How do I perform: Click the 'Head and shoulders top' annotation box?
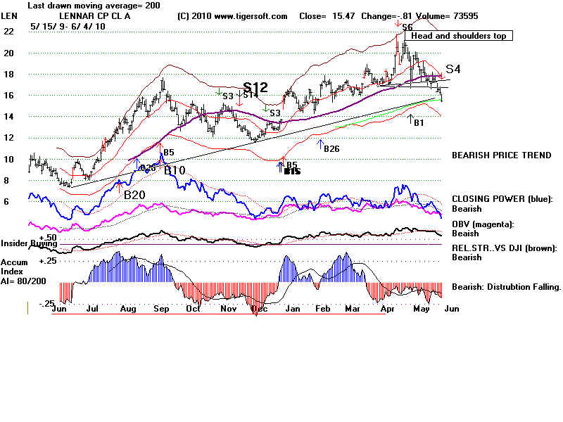[x=458, y=36]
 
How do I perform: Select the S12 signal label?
[x=255, y=88]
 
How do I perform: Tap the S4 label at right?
[x=453, y=69]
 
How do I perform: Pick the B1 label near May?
[x=419, y=122]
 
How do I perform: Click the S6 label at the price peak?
[x=407, y=27]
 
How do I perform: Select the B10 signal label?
[x=175, y=170]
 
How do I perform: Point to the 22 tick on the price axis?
[x=8, y=32]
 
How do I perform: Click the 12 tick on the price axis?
[x=8, y=138]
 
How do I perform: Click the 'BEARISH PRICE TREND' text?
[x=501, y=155]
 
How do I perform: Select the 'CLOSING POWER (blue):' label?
[x=501, y=199]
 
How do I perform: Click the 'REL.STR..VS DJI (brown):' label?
[x=504, y=248]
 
